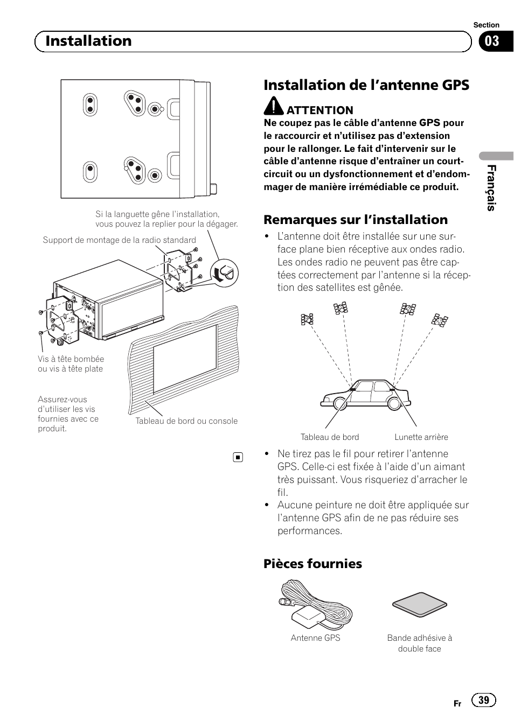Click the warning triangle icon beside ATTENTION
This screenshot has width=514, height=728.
[x=274, y=107]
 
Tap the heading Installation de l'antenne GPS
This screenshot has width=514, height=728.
[x=366, y=85]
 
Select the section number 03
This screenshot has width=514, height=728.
[x=492, y=41]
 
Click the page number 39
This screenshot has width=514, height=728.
[x=483, y=699]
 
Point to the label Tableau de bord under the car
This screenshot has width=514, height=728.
[x=329, y=437]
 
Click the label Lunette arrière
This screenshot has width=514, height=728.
[x=421, y=437]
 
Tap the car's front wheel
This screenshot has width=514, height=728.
[x=337, y=404]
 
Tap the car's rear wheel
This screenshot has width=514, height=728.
[x=394, y=404]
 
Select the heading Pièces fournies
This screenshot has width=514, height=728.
[x=312, y=564]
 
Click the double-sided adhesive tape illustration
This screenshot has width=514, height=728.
[x=419, y=607]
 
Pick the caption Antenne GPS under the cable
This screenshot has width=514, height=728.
[x=315, y=638]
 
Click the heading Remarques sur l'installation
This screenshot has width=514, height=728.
[x=356, y=220]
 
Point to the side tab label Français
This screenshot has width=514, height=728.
[x=491, y=188]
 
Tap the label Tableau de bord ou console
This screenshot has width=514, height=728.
[x=186, y=421]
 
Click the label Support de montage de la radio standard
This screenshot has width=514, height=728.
[x=119, y=240]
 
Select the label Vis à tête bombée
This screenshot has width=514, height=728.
[x=71, y=359]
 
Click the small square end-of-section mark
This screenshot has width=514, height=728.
[x=238, y=458]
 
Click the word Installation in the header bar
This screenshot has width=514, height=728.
[x=88, y=41]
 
